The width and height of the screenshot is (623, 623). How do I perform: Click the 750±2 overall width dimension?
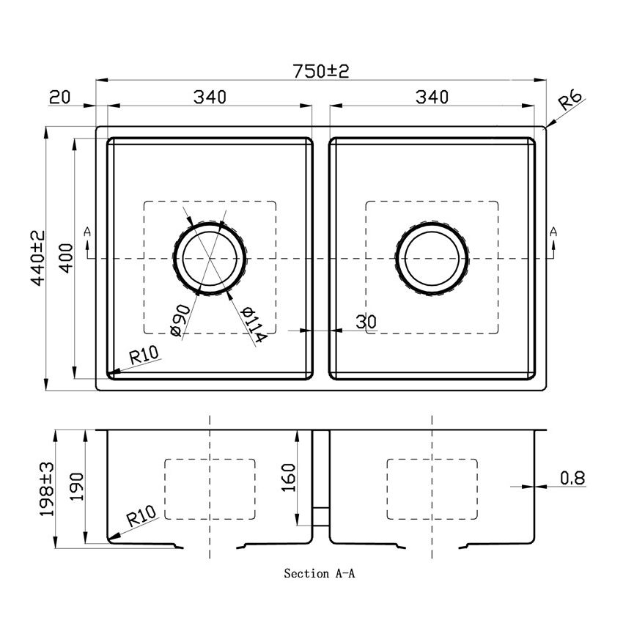point(321,71)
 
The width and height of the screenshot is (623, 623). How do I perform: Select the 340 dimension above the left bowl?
point(210,96)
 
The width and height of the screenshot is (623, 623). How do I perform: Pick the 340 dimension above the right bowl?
point(431,96)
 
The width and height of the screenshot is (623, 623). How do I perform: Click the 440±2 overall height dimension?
point(38,257)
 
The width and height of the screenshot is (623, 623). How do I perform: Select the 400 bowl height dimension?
point(65,257)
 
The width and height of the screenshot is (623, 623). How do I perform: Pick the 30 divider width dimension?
point(365,321)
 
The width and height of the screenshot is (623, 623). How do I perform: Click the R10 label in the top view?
point(144,357)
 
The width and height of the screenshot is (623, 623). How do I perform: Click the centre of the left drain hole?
point(210,258)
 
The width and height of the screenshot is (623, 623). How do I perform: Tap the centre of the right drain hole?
point(432,258)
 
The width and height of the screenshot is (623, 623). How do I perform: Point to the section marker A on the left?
point(88,232)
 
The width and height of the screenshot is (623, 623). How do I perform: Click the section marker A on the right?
point(553,232)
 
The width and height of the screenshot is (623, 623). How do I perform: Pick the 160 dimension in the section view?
point(287,478)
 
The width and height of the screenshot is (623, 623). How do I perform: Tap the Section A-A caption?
point(320,574)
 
